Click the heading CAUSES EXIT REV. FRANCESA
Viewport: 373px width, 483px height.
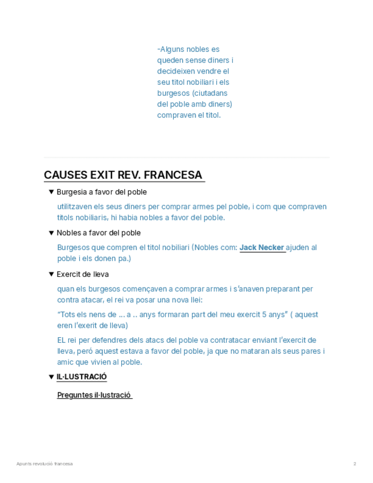tap(123, 175)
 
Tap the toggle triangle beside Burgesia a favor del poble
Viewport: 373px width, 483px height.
tap(51, 192)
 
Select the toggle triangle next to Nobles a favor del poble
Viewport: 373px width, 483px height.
tap(51, 233)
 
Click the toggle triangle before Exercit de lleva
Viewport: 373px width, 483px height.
tap(51, 274)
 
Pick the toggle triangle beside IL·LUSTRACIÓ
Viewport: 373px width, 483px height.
tap(51, 376)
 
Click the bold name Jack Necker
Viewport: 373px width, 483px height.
tap(262, 248)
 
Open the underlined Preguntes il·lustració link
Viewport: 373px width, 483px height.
tap(94, 395)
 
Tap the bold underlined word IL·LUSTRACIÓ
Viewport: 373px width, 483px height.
tap(81, 376)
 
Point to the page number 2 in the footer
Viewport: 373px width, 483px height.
tap(354, 464)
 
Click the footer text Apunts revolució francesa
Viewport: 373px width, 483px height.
tap(44, 464)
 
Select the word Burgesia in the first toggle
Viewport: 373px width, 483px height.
tap(71, 192)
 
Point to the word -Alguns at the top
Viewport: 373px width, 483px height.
tap(169, 50)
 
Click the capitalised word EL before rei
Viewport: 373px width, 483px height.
tap(62, 340)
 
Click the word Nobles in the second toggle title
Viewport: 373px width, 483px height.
tap(68, 233)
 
